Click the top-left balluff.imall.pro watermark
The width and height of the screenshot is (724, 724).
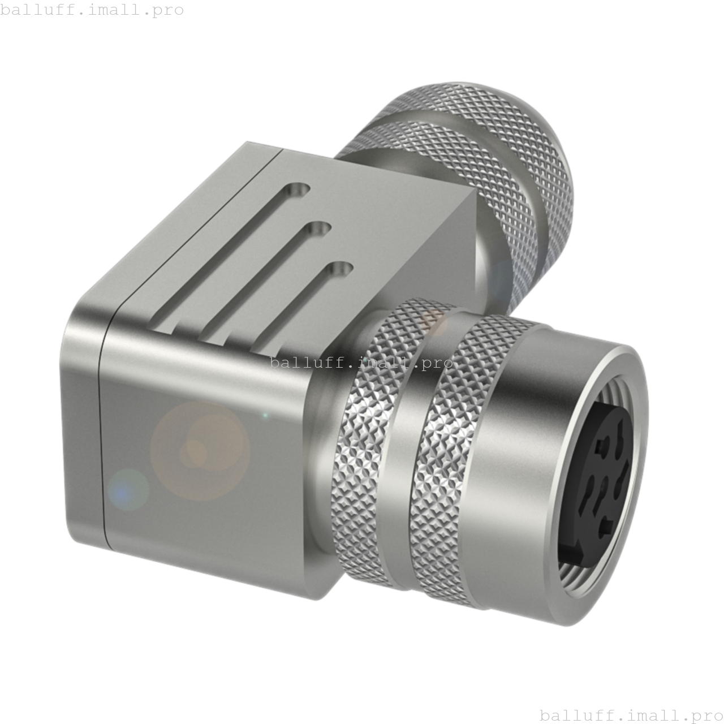tap(92, 10)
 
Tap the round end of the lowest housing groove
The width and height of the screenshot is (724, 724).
tap(341, 269)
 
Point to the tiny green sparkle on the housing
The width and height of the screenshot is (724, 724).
tap(265, 416)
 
